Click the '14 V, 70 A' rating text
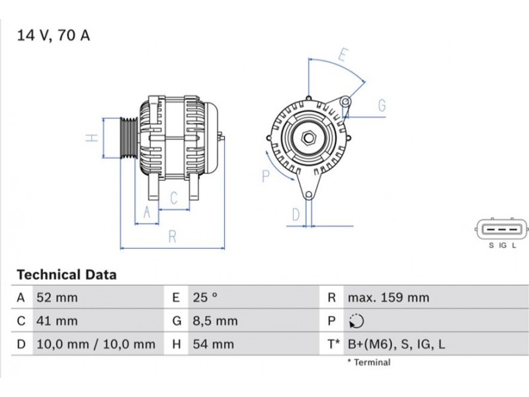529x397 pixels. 54,36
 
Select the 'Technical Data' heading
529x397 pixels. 67,275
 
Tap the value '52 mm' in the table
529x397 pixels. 57,298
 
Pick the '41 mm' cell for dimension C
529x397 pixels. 57,321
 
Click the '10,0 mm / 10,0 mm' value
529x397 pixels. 96,344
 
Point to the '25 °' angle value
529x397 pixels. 205,298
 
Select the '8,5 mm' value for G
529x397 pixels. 216,321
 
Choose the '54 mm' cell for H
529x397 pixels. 213,344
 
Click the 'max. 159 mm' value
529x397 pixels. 389,298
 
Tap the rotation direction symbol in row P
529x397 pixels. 356,321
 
